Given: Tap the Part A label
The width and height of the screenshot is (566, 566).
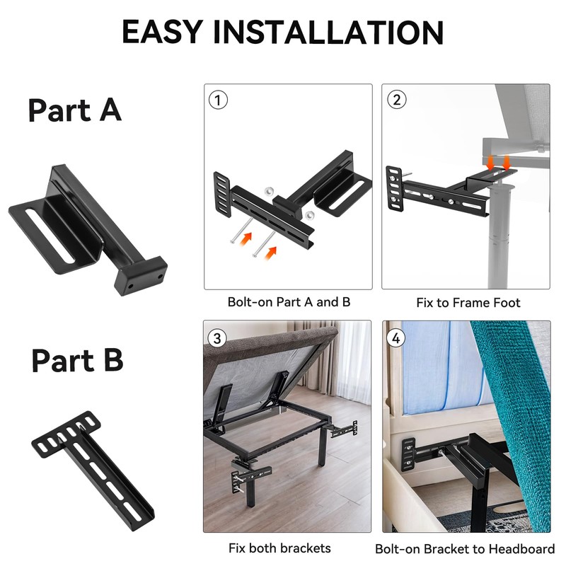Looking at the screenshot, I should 75,110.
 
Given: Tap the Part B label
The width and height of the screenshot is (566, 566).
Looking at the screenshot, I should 78,360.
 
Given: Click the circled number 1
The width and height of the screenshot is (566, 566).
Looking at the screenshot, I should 218,100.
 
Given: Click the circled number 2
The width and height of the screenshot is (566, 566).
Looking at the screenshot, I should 396,100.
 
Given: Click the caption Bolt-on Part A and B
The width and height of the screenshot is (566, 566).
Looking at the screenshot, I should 289,302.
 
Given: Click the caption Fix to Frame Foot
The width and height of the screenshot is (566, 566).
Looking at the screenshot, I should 468,303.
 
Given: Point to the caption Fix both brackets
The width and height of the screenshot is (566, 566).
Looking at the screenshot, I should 279,548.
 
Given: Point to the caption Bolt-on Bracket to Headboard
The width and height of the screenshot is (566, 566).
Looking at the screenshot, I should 465,548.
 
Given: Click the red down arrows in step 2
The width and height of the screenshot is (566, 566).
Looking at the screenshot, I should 499,161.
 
